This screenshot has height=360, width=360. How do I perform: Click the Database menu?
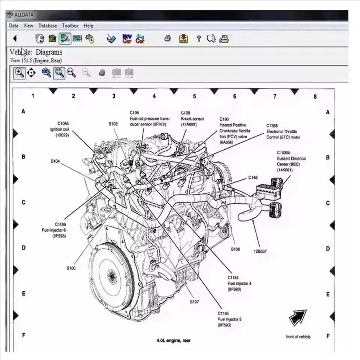pyautogui.click(x=48, y=25)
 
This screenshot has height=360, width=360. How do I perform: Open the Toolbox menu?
pyautogui.click(x=70, y=25)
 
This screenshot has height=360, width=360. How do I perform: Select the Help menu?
pyautogui.click(x=88, y=25)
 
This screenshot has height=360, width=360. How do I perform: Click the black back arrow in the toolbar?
pyautogui.click(x=15, y=38)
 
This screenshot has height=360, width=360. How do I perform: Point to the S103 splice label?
pyautogui.click(x=113, y=123)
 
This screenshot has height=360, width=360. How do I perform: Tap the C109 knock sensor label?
pyautogui.click(x=192, y=118)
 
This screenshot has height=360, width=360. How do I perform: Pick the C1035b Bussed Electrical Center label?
pyautogui.click(x=291, y=161)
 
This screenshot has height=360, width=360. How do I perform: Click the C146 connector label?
pyautogui.click(x=253, y=177)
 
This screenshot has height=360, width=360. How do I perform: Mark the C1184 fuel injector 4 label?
pyautogui.click(x=239, y=283)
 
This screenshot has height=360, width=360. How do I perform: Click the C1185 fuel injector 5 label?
pyautogui.click(x=229, y=319)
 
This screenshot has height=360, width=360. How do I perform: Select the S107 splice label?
pyautogui.click(x=194, y=301)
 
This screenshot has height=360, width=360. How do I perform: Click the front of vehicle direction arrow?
pyautogui.click(x=298, y=318)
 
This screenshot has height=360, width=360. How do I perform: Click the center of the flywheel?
pyautogui.click(x=112, y=277)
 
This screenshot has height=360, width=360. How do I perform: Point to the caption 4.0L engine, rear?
pyautogui.click(x=173, y=340)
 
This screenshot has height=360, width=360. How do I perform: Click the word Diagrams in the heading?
pyautogui.click(x=49, y=52)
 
